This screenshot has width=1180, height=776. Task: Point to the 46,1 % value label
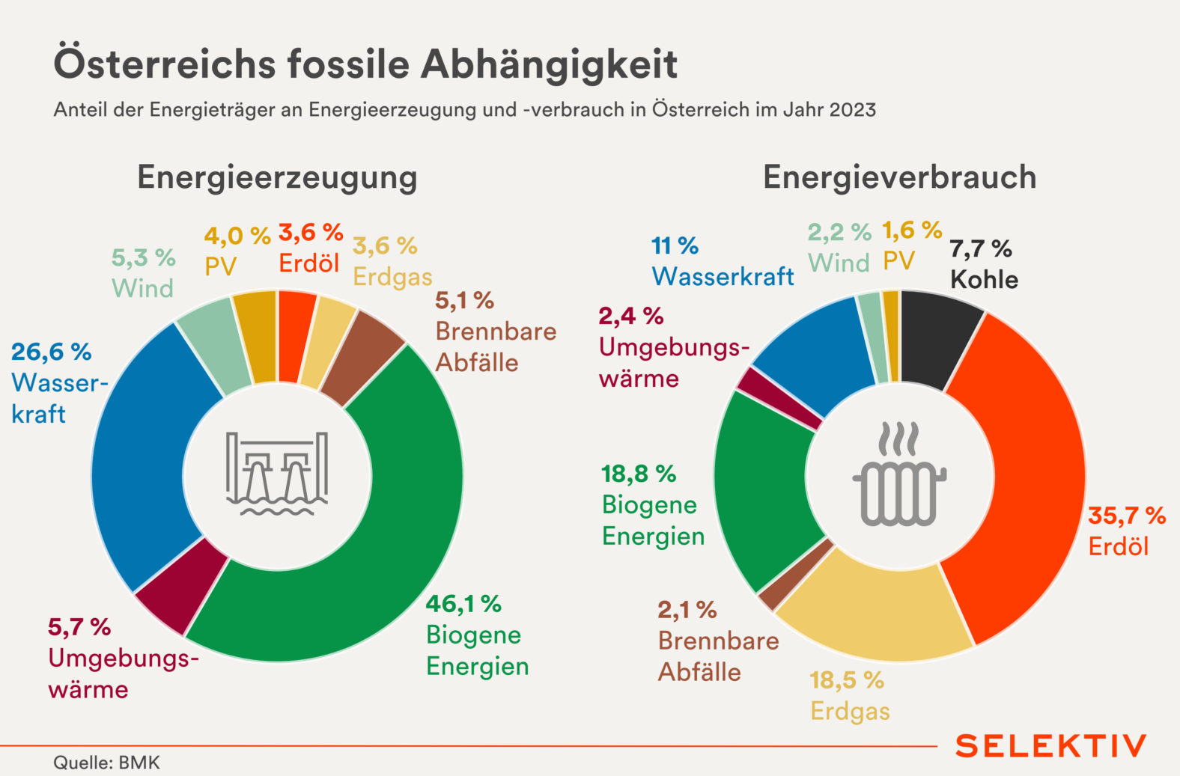[463, 604]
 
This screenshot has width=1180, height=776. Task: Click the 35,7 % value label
[1126, 516]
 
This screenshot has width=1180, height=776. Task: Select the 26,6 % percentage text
[51, 352]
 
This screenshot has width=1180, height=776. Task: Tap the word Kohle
[984, 280]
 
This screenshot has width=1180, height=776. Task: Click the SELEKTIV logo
[1050, 745]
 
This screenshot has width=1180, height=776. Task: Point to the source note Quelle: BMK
[106, 763]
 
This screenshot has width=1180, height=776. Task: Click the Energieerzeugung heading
[277, 177]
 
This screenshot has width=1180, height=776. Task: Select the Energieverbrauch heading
[899, 177]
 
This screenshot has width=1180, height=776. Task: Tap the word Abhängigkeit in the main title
[549, 64]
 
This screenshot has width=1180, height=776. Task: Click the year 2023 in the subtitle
[852, 110]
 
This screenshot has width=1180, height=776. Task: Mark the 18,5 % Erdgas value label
[846, 680]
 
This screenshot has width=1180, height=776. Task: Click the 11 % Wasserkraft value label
[675, 245]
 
